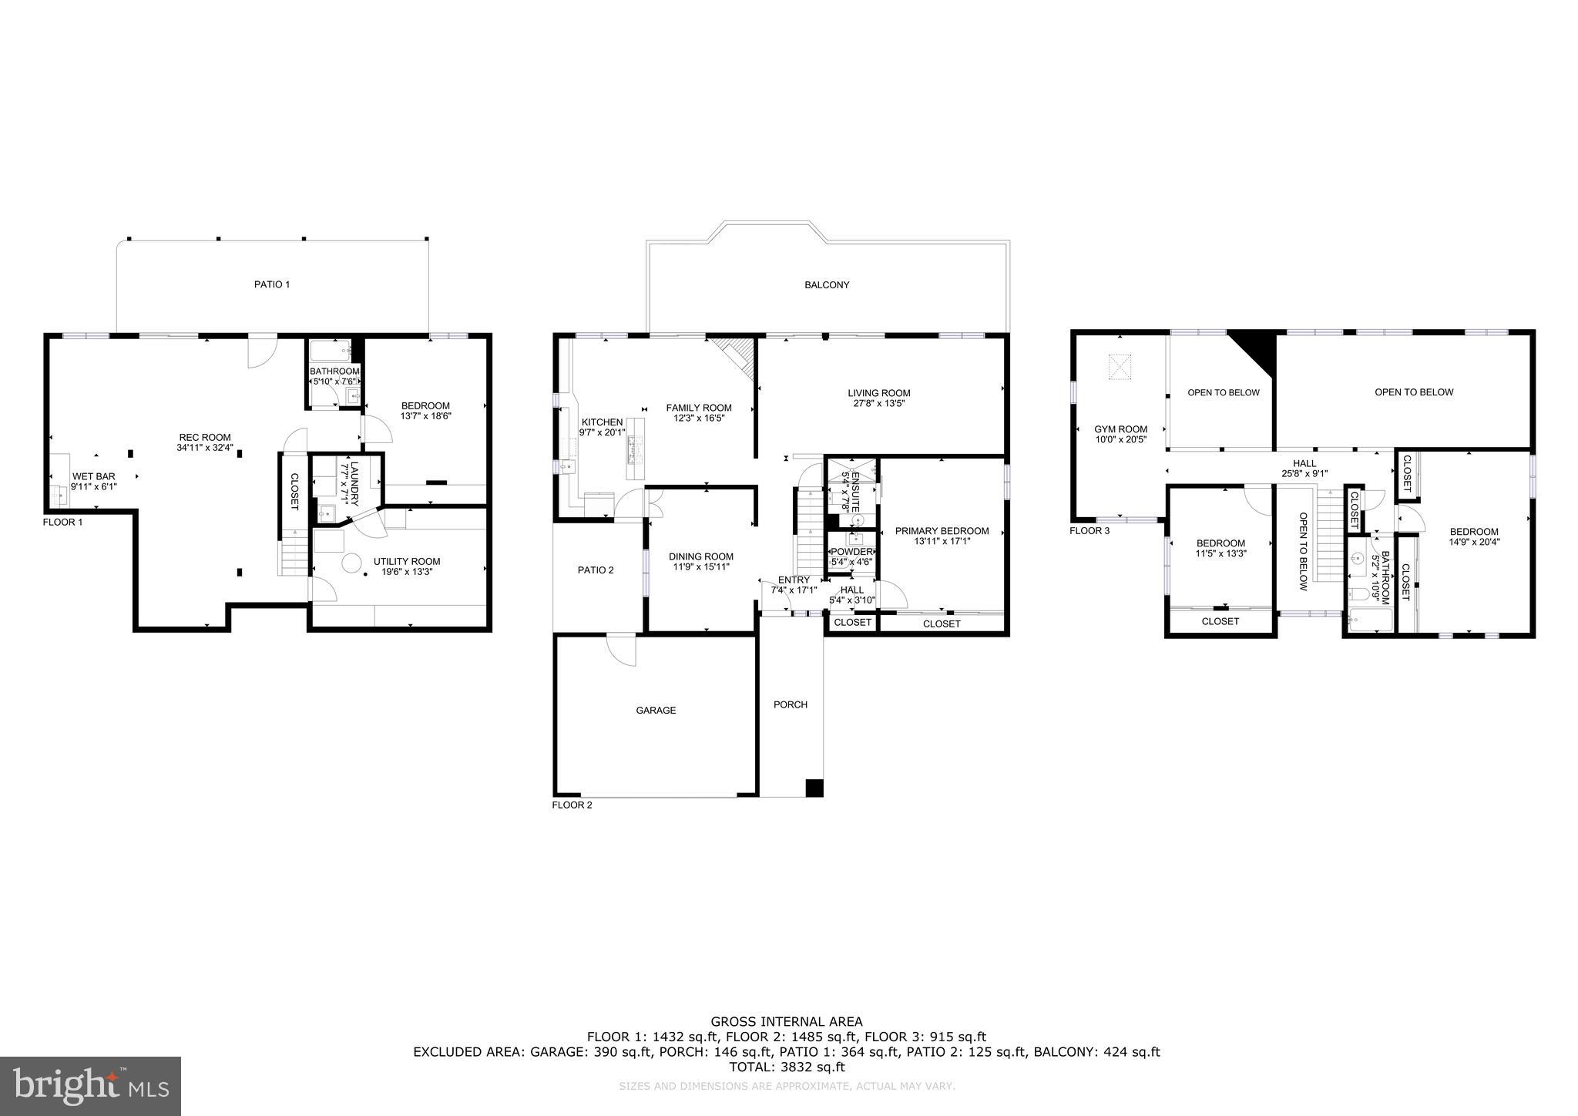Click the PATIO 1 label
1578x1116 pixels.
pyautogui.click(x=272, y=284)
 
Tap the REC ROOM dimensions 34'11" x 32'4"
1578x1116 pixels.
pyautogui.click(x=205, y=448)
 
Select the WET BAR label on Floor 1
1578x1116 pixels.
pyautogui.click(x=93, y=477)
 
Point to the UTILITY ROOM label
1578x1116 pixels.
pyautogui.click(x=407, y=561)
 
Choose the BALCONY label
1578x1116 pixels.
pyautogui.click(x=827, y=284)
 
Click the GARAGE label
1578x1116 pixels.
pyautogui.click(x=656, y=711)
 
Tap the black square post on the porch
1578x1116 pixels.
pyautogui.click(x=814, y=788)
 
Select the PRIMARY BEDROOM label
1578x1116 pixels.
pyautogui.click(x=942, y=531)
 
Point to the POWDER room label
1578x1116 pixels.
pyautogui.click(x=851, y=552)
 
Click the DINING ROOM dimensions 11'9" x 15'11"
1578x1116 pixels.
pyautogui.click(x=701, y=567)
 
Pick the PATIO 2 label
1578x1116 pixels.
pyautogui.click(x=596, y=570)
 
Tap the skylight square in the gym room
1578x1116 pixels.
pyautogui.click(x=1120, y=367)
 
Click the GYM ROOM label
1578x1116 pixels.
pyautogui.click(x=1120, y=429)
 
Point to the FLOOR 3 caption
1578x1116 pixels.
pyautogui.click(x=1089, y=530)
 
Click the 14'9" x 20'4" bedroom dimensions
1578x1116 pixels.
pyautogui.click(x=1474, y=542)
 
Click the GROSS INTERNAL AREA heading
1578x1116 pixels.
pyautogui.click(x=787, y=1022)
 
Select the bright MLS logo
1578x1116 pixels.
pyautogui.click(x=91, y=1086)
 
